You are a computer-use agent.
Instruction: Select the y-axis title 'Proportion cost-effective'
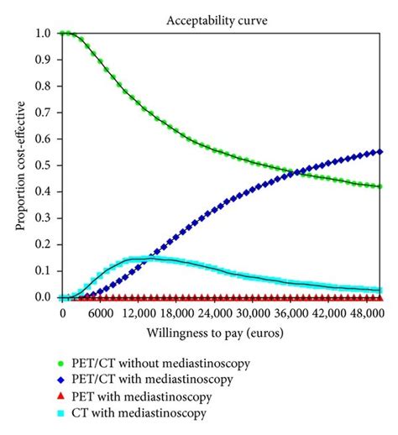18,165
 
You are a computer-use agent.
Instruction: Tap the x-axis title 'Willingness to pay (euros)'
223,333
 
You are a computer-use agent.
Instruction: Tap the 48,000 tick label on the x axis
363,313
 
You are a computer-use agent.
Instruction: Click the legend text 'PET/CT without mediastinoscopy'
148,363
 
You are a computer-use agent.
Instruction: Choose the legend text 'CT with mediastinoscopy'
129,413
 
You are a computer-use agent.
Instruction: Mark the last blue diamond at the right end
380,152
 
